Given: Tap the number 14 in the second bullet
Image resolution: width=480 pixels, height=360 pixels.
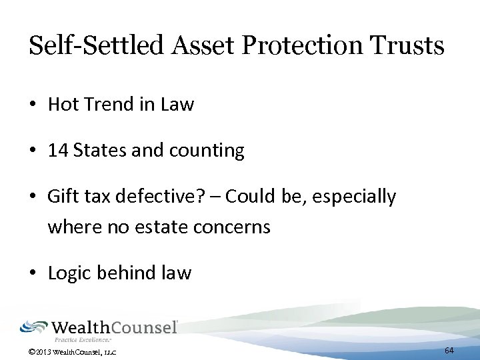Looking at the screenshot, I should (x=58, y=151).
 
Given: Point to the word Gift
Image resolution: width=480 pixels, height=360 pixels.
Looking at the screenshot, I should (x=62, y=197).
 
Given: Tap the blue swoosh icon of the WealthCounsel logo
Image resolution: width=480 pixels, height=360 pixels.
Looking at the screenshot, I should (x=34, y=327).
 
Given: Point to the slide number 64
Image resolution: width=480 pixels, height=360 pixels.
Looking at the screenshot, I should (x=449, y=351).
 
